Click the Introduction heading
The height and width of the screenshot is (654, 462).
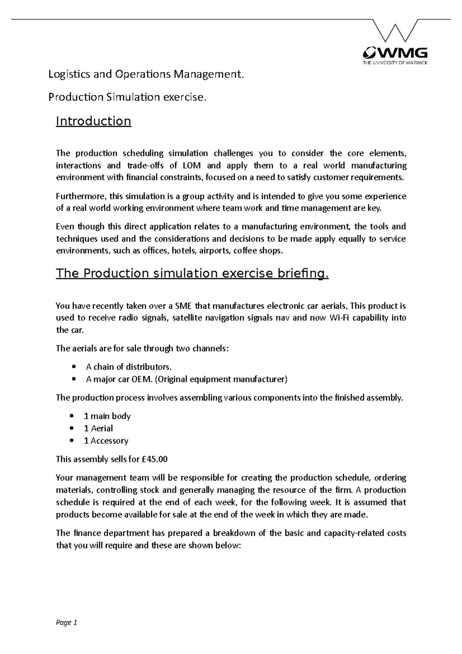[x=94, y=121]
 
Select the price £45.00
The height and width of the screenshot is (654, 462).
[x=155, y=459]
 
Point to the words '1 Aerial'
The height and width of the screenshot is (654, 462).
[x=98, y=428]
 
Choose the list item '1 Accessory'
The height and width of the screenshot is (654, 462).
[x=106, y=441]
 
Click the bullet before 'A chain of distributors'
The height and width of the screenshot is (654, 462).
[x=74, y=367]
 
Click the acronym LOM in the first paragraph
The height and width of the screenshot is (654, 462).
[x=190, y=166]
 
